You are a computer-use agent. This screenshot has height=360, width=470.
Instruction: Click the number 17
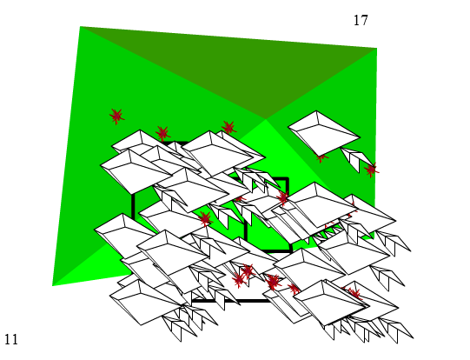tap(361, 20)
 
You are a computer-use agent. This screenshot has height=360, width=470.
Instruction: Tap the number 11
tap(11, 340)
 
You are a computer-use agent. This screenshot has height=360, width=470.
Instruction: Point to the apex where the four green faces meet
tap(266, 119)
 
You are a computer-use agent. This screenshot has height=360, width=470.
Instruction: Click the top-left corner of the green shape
tap(80, 26)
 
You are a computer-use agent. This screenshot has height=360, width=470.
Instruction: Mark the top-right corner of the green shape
tap(377, 48)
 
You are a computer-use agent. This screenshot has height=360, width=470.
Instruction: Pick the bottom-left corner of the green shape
tap(52, 286)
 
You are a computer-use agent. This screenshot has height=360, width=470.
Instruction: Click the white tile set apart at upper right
tap(324, 133)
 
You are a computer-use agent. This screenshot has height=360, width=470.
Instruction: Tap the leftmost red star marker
tap(116, 116)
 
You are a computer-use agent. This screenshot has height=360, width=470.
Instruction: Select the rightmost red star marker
tap(371, 170)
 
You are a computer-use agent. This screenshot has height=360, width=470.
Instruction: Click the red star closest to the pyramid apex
tap(229, 128)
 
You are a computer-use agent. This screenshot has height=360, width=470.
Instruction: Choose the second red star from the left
tap(162, 132)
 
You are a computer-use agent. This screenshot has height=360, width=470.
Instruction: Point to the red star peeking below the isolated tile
tap(321, 157)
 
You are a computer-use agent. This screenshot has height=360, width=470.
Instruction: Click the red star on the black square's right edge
tap(283, 197)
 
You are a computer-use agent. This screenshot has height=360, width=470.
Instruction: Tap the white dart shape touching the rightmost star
tap(357, 158)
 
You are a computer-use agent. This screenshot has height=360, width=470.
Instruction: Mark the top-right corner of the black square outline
tap(288, 179)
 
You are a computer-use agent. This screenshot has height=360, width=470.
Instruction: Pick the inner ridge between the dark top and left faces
tap(173, 73)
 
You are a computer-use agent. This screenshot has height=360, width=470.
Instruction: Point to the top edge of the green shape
tap(228, 37)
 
